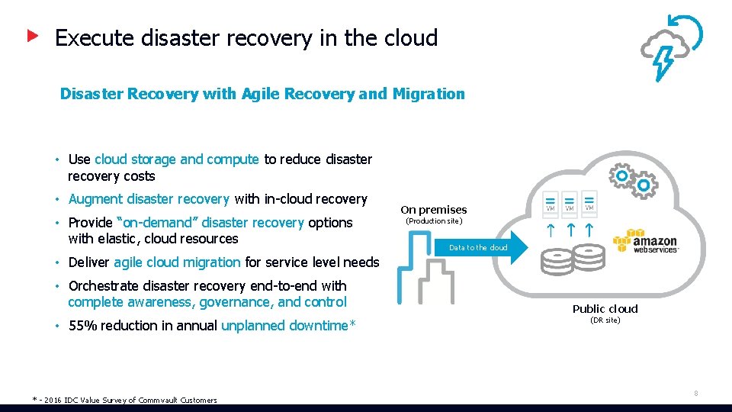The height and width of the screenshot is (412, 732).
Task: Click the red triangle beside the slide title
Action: click(x=33, y=36)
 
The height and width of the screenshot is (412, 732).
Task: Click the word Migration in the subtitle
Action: click(x=429, y=94)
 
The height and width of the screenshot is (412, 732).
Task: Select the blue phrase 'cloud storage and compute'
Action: click(x=177, y=159)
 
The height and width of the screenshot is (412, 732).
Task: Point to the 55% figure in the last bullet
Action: click(x=82, y=326)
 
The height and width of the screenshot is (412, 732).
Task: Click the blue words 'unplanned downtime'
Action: click(x=284, y=326)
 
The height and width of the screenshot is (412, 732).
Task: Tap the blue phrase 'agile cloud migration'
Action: click(x=177, y=262)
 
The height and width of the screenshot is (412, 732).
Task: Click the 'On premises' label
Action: click(x=433, y=210)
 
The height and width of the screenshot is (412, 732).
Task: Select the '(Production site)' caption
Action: click(x=433, y=221)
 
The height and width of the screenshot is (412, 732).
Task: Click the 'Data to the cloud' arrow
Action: click(x=478, y=247)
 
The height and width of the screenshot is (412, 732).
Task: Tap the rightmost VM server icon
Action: click(x=589, y=202)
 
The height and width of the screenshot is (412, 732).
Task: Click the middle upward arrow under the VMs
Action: click(x=570, y=228)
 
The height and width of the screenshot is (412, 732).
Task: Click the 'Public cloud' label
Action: click(x=605, y=309)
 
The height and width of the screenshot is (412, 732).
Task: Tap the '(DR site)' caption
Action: click(x=605, y=320)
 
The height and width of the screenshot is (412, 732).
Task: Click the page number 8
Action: click(x=695, y=394)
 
